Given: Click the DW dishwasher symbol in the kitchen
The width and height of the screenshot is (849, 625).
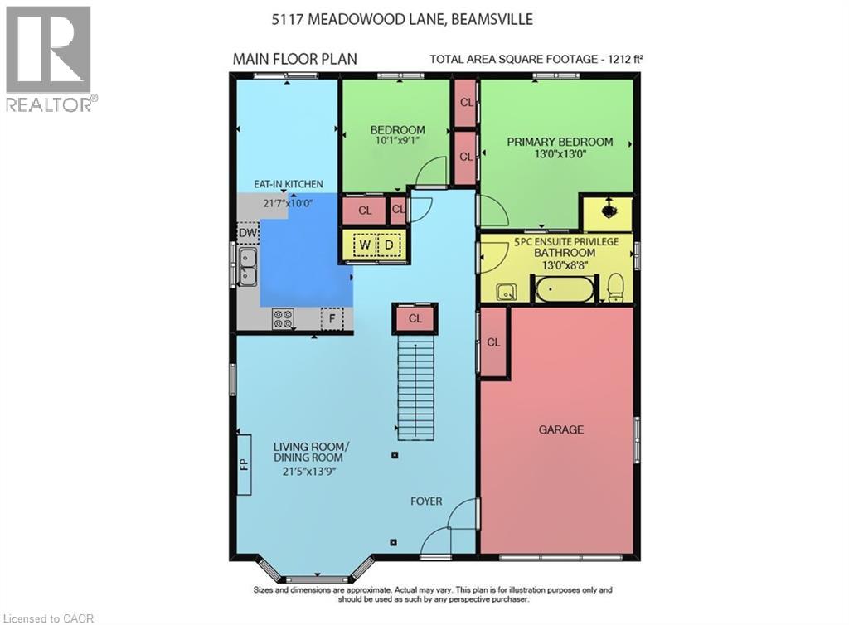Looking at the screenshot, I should tap(247, 235).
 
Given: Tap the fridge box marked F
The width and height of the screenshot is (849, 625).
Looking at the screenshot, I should tap(332, 318).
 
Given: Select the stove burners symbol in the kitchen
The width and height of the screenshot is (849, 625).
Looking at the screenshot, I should tap(283, 318).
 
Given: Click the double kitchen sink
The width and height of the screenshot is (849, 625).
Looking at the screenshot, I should tap(248, 268).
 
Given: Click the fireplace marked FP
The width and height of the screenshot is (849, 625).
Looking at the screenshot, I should tap(245, 463).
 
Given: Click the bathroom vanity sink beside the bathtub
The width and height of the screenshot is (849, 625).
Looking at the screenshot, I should tap(506, 291).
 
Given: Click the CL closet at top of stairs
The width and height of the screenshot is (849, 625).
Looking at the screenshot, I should tap(415, 318).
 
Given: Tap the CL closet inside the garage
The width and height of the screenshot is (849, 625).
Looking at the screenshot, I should tap(494, 342).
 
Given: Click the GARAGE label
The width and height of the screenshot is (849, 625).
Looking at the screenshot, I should tap(561, 429).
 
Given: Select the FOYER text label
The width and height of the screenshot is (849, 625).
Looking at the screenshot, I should tap(426, 501).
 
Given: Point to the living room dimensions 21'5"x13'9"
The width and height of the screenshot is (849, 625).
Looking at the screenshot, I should tap(308, 471).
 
